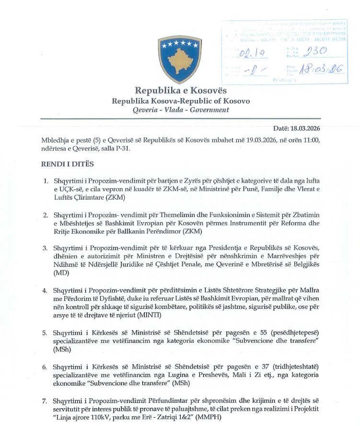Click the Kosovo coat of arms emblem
pyautogui.click(x=180, y=59)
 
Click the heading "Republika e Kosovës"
pyautogui.click(x=180, y=90)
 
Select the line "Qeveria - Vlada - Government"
pyautogui.click(x=181, y=110)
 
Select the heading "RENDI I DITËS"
pyautogui.click(x=67, y=164)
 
